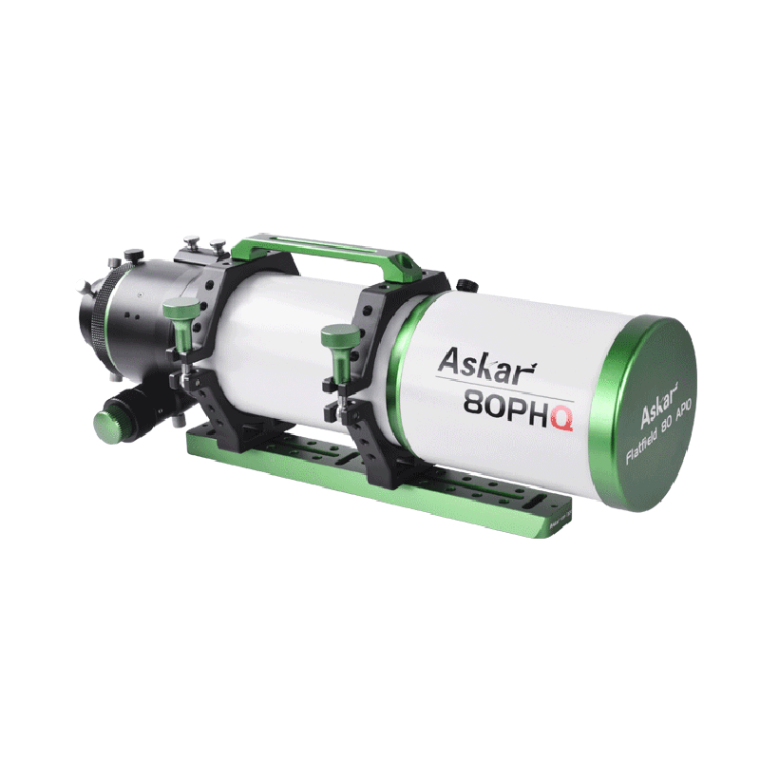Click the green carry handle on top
coord(323,250)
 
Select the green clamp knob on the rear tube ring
coord(180,310)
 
